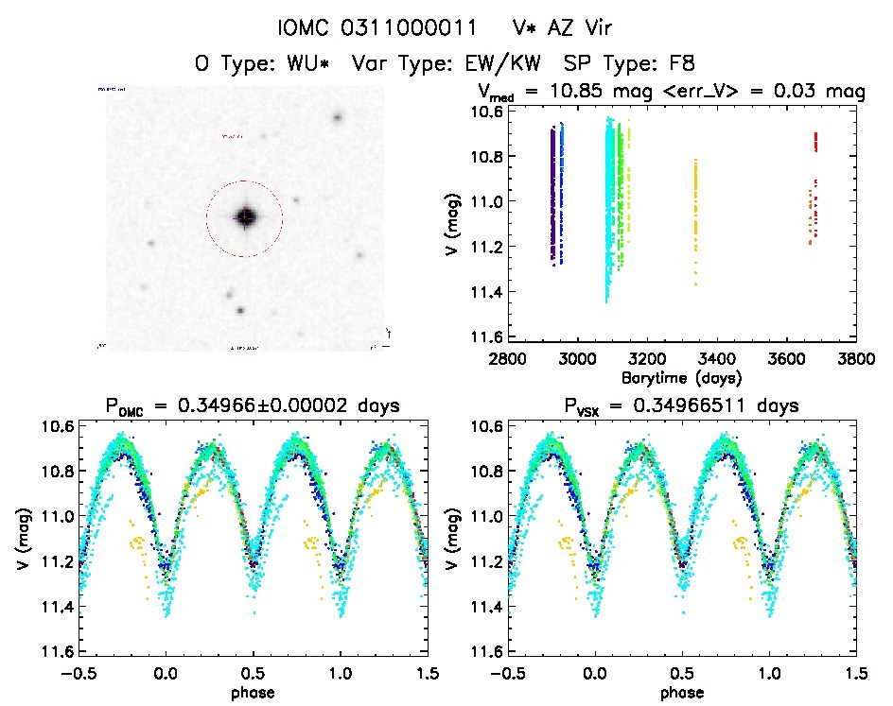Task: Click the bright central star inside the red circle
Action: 245,217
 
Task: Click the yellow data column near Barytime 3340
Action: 695,217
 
